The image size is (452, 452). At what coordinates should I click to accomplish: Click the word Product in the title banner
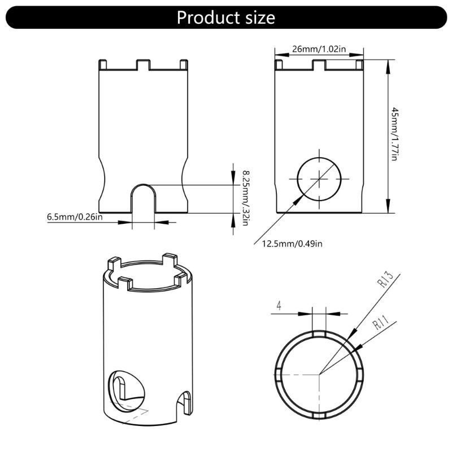[x=205, y=18]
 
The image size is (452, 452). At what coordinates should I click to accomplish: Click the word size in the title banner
[x=257, y=18]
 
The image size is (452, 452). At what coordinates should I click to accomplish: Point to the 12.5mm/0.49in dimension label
[x=292, y=244]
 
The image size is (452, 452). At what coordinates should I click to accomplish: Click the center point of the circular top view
[x=319, y=373]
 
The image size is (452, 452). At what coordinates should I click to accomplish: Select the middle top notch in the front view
[x=143, y=64]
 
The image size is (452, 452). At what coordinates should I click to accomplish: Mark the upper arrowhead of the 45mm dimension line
[x=388, y=63]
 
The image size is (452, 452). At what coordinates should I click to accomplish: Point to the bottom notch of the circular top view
[x=319, y=413]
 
